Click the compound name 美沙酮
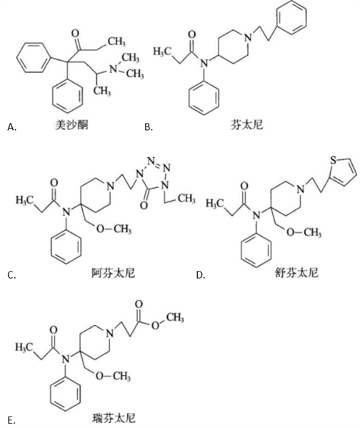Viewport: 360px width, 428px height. click(71, 125)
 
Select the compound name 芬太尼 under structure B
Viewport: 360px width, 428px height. click(246, 125)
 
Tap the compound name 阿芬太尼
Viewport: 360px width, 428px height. click(113, 273)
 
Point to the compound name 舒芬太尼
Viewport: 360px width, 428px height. click(296, 273)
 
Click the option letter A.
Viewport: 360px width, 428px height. click(12, 127)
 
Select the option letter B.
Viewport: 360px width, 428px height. click(149, 127)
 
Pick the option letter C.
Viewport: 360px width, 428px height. click(11, 275)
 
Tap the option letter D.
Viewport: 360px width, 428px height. click(201, 275)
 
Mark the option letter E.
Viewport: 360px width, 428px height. click(11, 420)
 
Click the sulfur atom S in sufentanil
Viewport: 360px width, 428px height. click(334, 160)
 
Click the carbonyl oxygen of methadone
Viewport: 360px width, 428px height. click(75, 34)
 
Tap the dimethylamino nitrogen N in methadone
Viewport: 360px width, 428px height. click(113, 69)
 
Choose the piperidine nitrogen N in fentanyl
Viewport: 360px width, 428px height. click(248, 38)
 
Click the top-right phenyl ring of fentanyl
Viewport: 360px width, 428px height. click(291, 18)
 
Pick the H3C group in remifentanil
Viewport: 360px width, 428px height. click(24, 347)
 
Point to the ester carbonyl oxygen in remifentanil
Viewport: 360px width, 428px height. click(139, 304)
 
